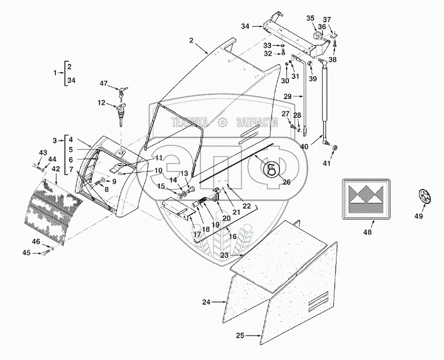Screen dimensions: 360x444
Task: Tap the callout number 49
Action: point(419,216)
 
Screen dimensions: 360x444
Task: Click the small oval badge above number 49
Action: point(425,196)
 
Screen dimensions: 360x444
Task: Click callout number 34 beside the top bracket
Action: point(245,26)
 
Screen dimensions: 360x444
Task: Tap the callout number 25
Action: point(241,336)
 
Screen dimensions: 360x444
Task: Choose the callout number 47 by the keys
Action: point(103,84)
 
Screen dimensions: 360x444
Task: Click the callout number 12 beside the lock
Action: point(101,103)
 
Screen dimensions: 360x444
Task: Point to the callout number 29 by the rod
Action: point(288,96)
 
